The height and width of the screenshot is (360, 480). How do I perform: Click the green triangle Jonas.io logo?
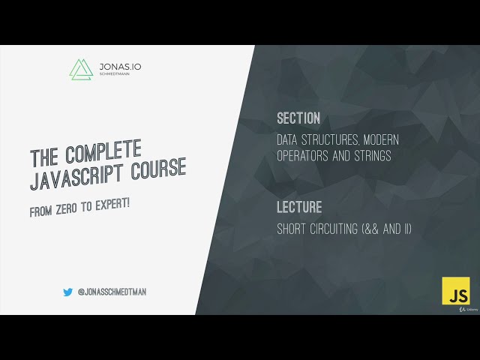tap(79, 69)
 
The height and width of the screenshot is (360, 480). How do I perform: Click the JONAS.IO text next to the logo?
tap(119, 66)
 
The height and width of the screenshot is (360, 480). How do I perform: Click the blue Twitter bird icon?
tap(68, 292)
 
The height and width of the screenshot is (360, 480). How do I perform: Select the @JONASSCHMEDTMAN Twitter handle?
tap(112, 292)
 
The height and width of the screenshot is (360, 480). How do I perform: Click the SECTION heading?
tap(298, 118)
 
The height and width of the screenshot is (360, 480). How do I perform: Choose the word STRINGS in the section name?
tap(368, 156)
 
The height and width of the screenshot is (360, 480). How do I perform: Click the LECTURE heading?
tap(299, 207)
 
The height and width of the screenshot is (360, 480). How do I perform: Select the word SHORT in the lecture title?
tap(292, 229)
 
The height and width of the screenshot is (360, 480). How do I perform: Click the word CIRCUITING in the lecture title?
tap(337, 229)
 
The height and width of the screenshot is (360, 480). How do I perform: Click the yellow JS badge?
tap(454, 290)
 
